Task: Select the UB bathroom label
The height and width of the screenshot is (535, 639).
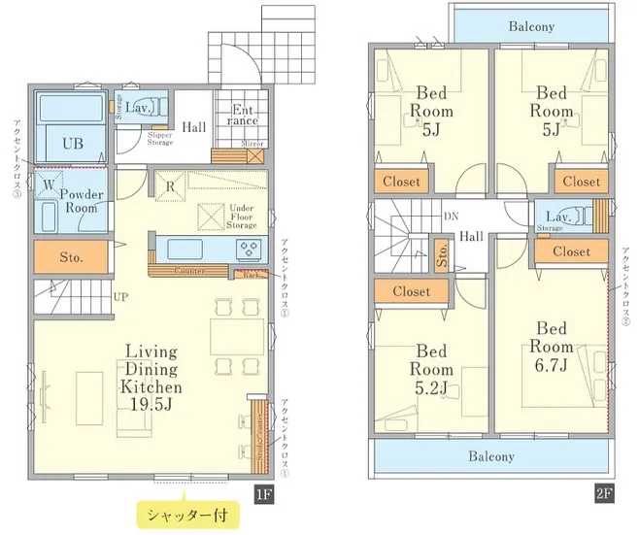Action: (73, 144)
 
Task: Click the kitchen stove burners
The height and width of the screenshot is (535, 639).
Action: (250, 249)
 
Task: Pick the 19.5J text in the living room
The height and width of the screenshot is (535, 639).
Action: (151, 403)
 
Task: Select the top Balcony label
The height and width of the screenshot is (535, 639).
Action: (531, 26)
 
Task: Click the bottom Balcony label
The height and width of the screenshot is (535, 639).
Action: (491, 455)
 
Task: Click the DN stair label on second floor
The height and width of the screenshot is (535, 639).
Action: (452, 216)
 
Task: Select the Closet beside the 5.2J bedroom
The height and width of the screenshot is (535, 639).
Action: (412, 290)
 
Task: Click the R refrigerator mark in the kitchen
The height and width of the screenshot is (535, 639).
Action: (169, 186)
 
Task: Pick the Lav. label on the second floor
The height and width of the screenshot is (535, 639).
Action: (557, 217)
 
